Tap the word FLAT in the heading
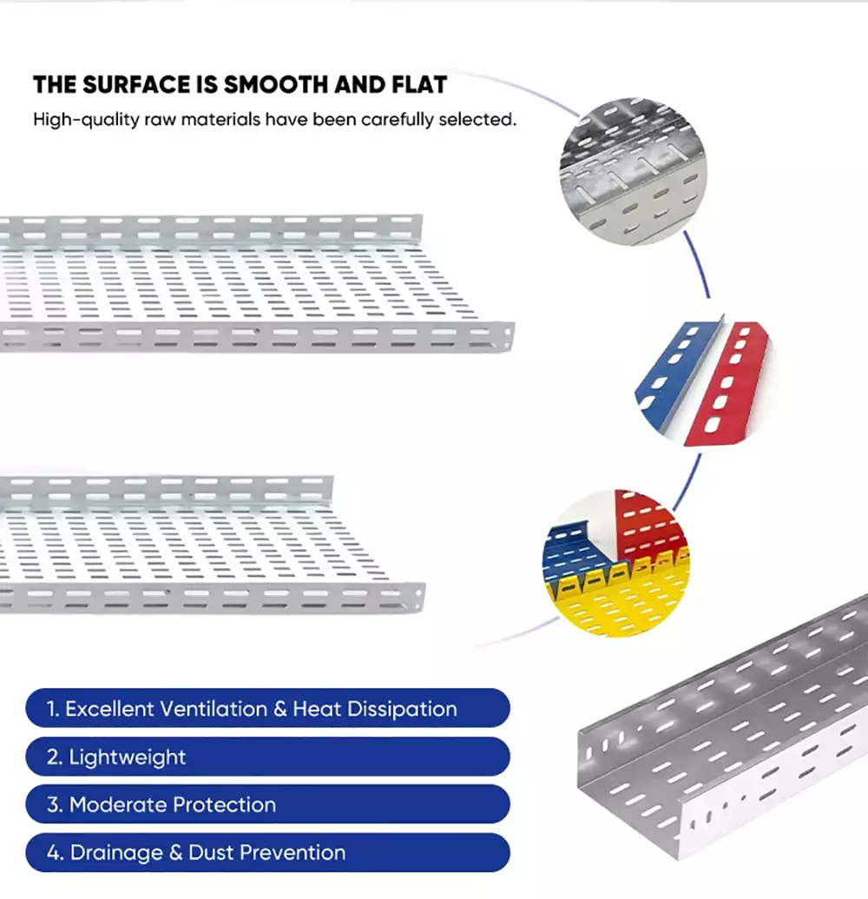[419, 85]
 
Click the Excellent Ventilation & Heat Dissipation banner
[267, 708]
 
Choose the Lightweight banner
[267, 757]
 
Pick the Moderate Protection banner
[267, 804]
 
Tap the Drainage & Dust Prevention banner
[267, 853]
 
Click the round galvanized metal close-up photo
[633, 171]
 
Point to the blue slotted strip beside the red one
[676, 373]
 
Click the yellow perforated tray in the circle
[619, 602]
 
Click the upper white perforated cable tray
[252, 284]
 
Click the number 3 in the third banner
[54, 805]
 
